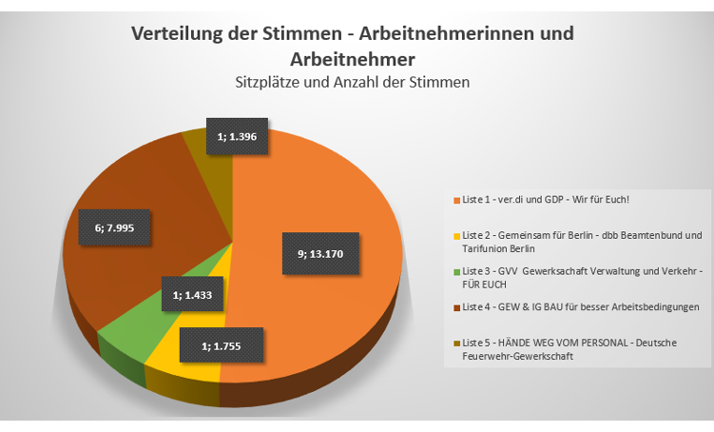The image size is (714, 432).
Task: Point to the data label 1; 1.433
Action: click(x=193, y=296)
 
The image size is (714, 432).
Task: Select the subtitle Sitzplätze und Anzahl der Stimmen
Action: click(x=353, y=82)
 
